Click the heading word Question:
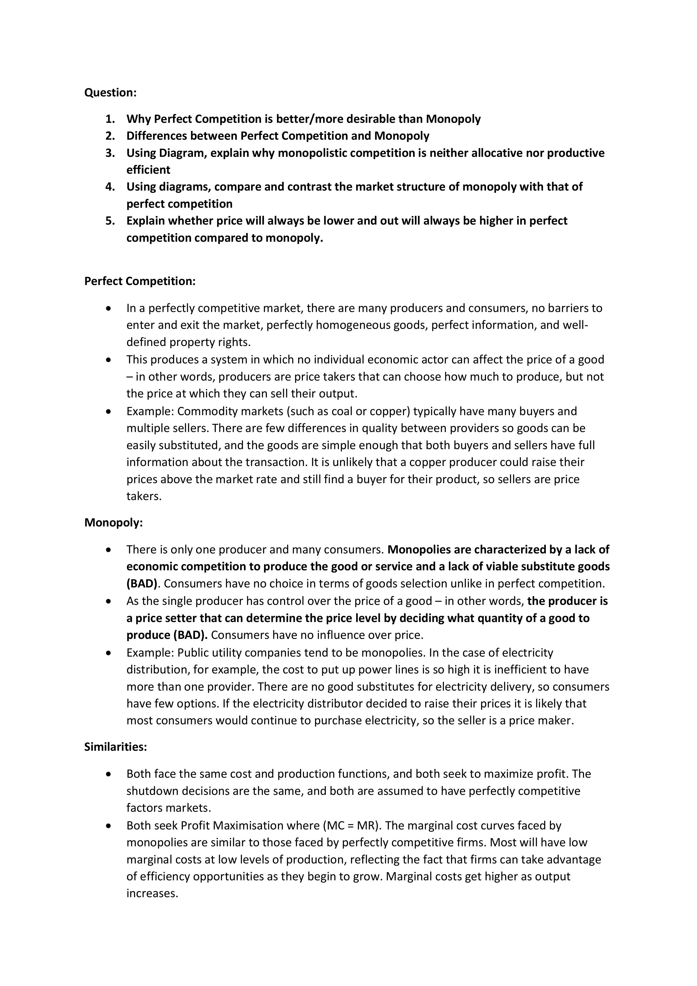(110, 93)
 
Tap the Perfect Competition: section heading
(140, 281)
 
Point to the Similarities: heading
(115, 747)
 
